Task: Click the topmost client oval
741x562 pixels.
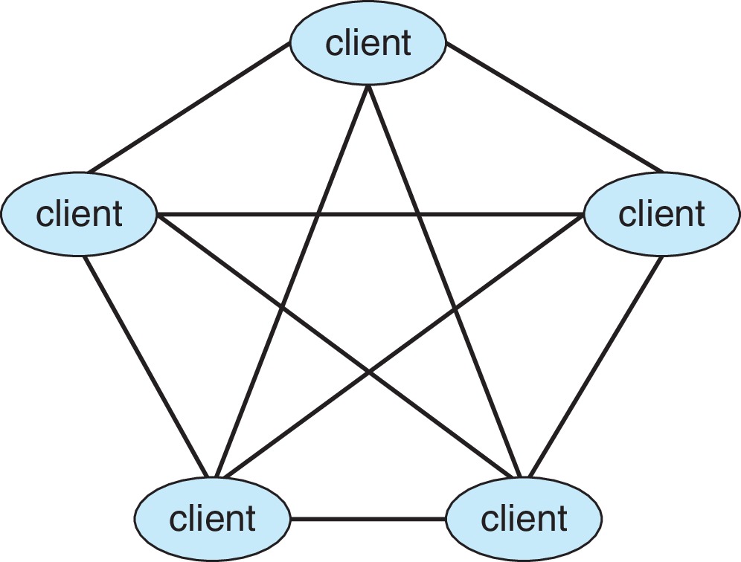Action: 368,42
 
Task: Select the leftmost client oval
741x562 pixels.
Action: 79,214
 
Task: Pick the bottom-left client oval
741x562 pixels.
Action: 212,517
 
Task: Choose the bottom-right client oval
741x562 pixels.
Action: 524,517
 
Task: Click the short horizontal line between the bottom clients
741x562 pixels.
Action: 368,517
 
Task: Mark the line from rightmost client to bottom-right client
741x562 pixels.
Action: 595,364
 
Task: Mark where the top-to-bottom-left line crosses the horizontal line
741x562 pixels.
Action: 318,216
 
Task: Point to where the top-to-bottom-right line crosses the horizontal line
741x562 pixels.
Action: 419,216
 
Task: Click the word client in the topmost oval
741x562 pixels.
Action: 368,42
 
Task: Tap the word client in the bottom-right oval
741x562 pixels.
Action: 524,517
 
